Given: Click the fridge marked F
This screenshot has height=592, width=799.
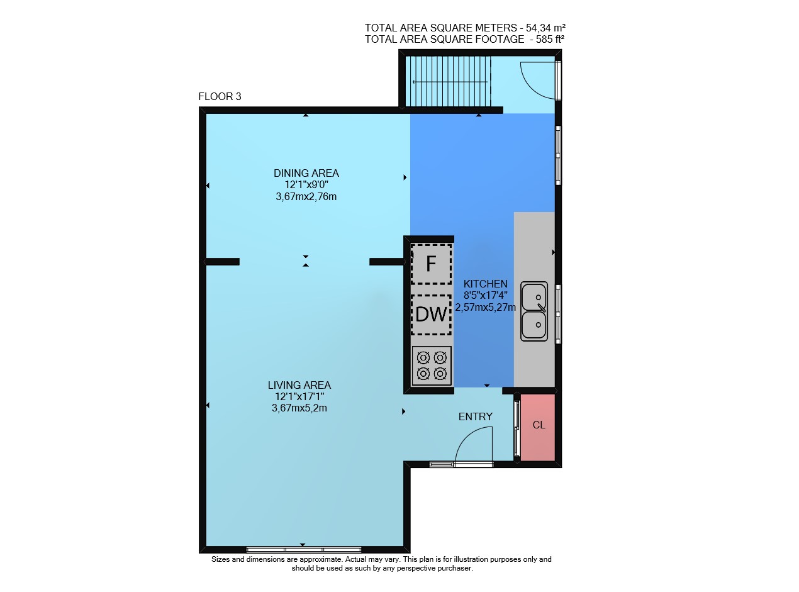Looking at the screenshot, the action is [x=431, y=264].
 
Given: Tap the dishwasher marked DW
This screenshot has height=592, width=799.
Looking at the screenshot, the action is [x=431, y=315].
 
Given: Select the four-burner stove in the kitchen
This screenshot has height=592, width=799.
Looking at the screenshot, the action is [x=432, y=366].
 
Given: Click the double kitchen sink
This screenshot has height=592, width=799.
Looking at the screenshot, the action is [x=534, y=311].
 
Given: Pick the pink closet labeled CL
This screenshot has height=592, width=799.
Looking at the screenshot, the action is [x=537, y=427].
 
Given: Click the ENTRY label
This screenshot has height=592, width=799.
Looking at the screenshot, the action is [x=475, y=416].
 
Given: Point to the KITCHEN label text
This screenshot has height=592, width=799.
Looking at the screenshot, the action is [x=485, y=284].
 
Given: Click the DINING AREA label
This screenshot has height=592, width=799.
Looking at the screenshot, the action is [x=306, y=173].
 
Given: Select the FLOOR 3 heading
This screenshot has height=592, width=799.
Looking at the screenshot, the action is [x=220, y=96].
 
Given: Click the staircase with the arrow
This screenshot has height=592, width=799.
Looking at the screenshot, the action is [x=448, y=82].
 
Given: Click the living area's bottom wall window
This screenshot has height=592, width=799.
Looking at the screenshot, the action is [x=304, y=550].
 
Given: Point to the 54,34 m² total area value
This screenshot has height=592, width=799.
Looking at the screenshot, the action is [x=545, y=28].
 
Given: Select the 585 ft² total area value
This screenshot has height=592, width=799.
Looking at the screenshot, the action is [x=550, y=39].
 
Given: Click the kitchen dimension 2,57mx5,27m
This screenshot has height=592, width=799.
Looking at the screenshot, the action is [x=485, y=308].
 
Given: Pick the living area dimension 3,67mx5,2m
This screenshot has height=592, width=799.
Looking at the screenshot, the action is [x=299, y=408].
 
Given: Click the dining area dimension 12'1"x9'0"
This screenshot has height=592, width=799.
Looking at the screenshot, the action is [x=306, y=185].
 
